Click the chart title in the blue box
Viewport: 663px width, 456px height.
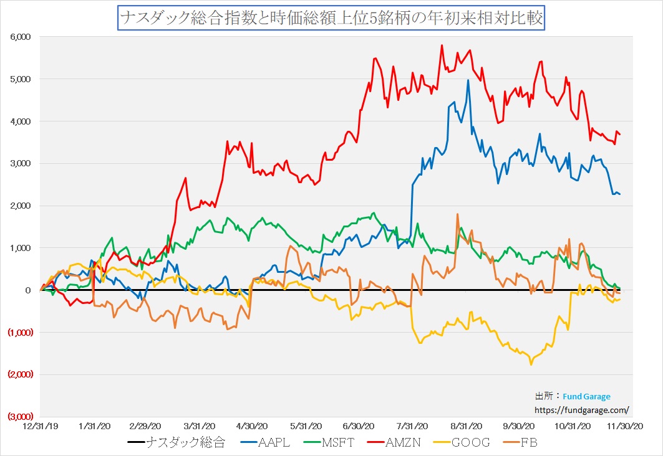(331, 18)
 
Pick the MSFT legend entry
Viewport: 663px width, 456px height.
(337, 443)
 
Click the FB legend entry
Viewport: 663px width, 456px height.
(528, 443)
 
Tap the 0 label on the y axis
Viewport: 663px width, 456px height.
(28, 290)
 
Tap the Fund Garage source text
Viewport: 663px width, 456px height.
(586, 396)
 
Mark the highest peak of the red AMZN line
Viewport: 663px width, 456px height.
(442, 45)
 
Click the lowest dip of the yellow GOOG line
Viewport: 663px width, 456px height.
(531, 364)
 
